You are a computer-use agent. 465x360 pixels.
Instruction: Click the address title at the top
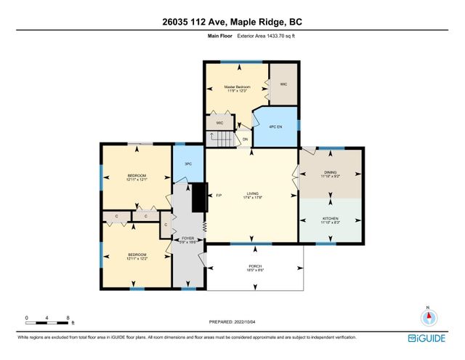click(x=232, y=22)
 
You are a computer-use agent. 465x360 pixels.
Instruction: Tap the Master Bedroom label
click(x=238, y=87)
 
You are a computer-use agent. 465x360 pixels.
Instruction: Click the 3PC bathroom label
click(x=187, y=164)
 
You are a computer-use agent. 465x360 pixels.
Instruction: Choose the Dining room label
click(x=331, y=173)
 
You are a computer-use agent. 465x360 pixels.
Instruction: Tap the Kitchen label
click(x=331, y=219)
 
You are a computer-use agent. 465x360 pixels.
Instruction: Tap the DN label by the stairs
click(x=246, y=139)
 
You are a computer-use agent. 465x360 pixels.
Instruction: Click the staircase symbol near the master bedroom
click(x=222, y=137)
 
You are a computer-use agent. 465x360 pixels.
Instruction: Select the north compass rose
click(x=429, y=317)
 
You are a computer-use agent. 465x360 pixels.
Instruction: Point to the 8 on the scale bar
click(x=68, y=318)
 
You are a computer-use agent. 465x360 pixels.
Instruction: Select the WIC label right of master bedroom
click(x=284, y=84)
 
